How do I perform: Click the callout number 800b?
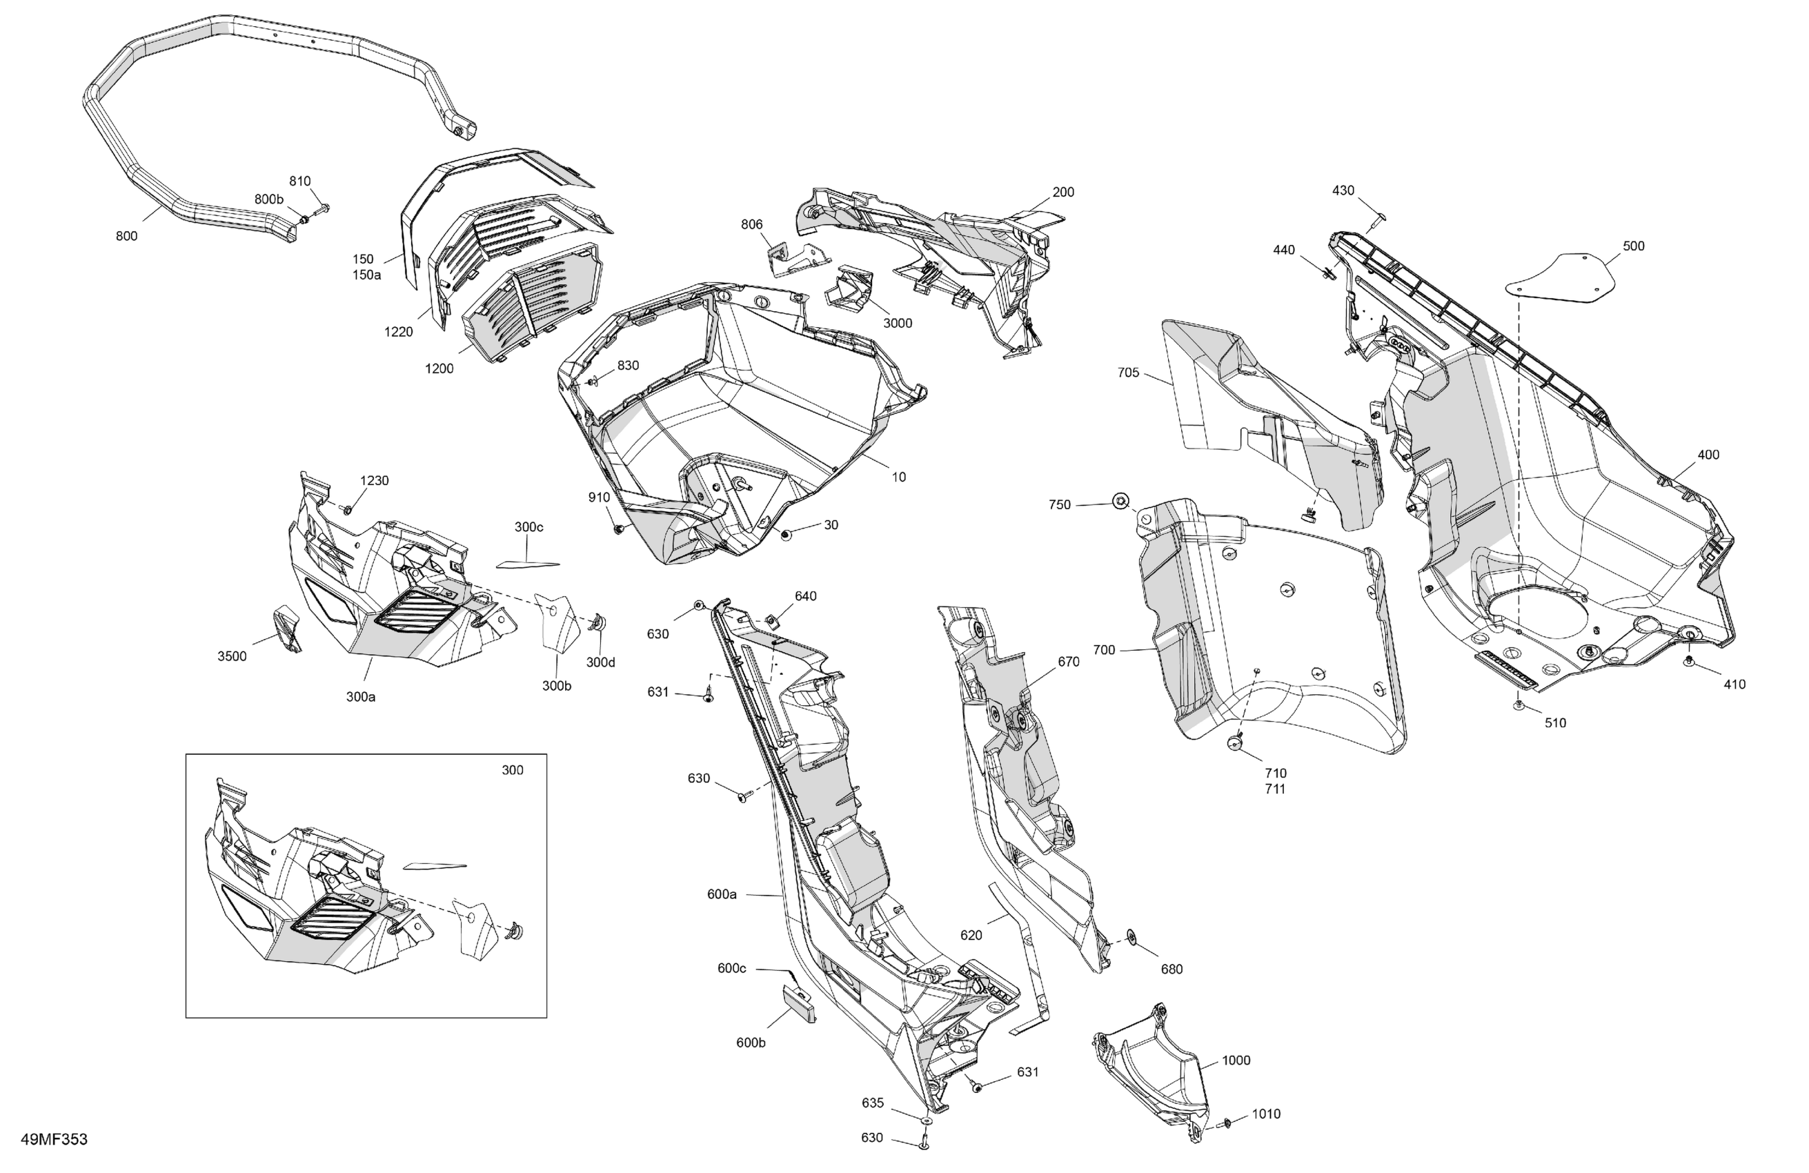tap(268, 199)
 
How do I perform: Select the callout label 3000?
tap(897, 323)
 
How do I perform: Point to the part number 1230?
tap(374, 480)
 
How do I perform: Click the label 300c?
tap(528, 527)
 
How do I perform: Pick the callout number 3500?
tap(232, 657)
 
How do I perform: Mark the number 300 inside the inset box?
tap(513, 770)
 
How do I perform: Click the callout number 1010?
tap(1265, 1114)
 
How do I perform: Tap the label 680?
tap(1172, 969)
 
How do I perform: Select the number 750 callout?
tap(1060, 505)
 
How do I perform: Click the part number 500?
tap(1634, 246)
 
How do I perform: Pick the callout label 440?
tap(1284, 250)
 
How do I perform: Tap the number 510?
tap(1555, 723)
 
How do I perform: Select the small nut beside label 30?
tap(786, 535)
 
